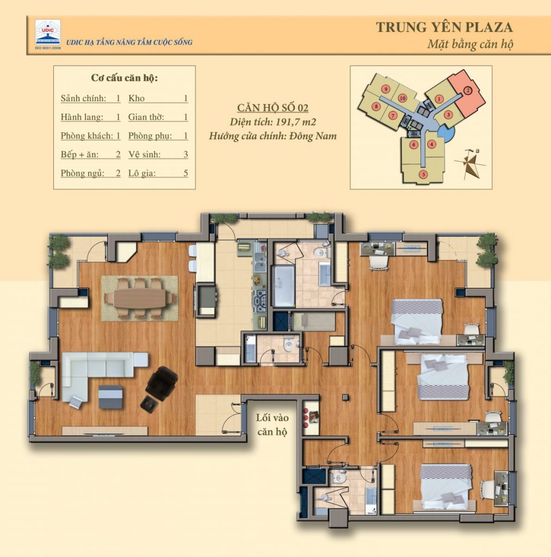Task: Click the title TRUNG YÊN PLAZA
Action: pos(444,27)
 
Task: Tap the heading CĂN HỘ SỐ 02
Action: pos(273,108)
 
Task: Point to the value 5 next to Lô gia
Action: pos(185,174)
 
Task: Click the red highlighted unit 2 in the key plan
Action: pos(467,91)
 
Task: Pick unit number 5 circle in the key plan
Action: pos(423,174)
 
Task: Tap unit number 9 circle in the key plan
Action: pos(385,89)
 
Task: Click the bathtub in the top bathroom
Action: pos(283,285)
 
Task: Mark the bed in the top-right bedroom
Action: pos(417,321)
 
